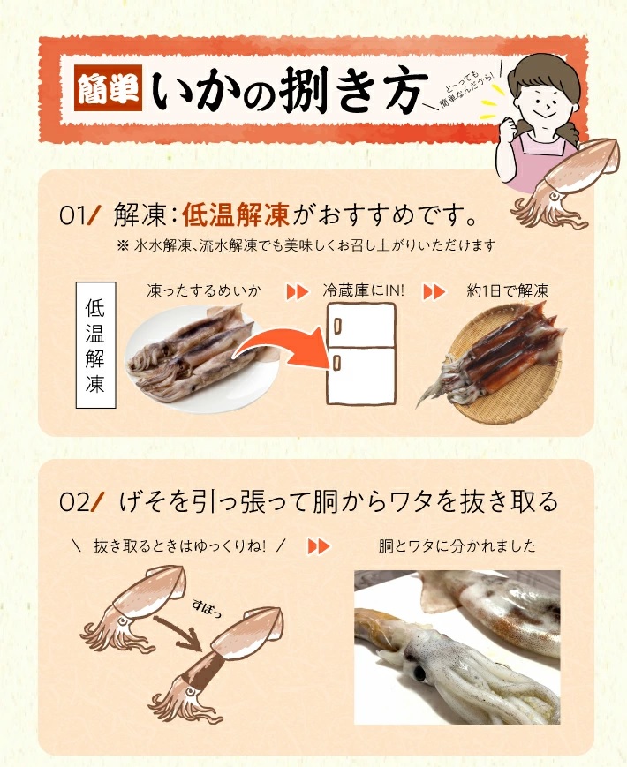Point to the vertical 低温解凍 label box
[95, 345]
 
